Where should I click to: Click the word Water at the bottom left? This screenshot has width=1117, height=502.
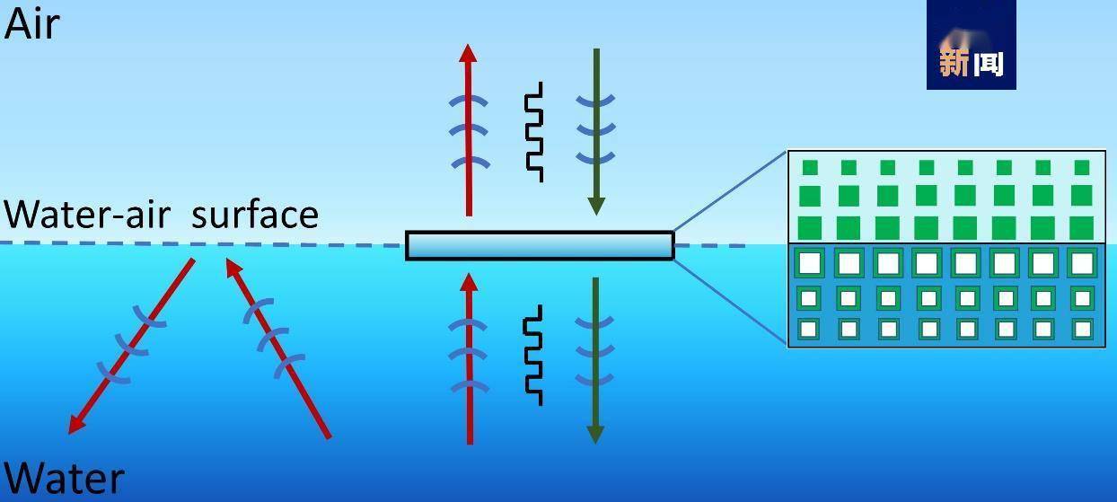click(64, 479)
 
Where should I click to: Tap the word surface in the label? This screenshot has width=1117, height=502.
click(255, 215)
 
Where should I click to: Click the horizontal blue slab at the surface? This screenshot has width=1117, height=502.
click(540, 245)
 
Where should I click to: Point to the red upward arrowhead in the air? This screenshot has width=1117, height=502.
click(468, 53)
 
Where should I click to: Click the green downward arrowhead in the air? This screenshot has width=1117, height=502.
click(595, 206)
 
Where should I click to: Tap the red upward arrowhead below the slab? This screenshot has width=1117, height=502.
click(468, 282)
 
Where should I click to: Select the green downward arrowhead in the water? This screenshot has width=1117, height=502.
click(594, 433)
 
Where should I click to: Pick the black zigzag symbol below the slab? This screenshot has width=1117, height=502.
click(534, 355)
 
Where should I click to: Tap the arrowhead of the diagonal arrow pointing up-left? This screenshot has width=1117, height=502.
click(233, 268)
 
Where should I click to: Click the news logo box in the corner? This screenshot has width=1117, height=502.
click(971, 45)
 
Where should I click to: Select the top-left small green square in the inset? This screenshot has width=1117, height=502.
click(810, 167)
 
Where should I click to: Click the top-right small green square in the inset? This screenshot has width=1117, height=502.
click(1082, 167)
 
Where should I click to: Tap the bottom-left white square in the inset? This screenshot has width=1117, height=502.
click(809, 330)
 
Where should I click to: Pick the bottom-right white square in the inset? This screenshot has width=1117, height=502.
click(1082, 330)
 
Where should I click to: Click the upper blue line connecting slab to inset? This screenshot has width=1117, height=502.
click(730, 191)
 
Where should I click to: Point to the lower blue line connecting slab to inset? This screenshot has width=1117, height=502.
click(730, 301)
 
